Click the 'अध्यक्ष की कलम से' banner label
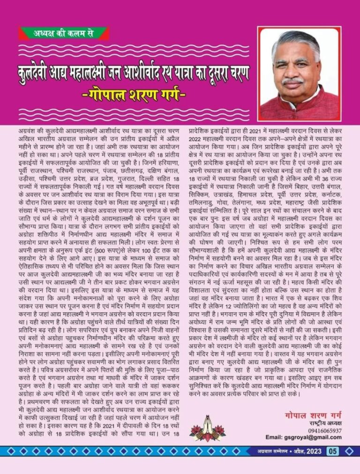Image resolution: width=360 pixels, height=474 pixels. pyautogui.click(x=64, y=33)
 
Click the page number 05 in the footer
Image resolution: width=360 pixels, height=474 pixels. pyautogui.click(x=332, y=452)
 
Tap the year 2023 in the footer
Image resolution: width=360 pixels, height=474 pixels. pyautogui.click(x=313, y=452)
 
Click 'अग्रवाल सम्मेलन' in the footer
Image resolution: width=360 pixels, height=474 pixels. pyautogui.click(x=270, y=452)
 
